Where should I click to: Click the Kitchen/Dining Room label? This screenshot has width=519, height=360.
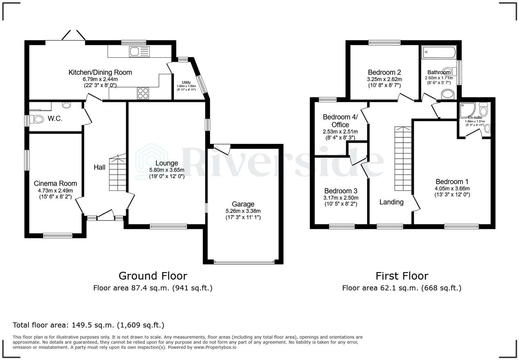pyautogui.click(x=100, y=72)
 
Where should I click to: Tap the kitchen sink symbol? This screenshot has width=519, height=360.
pyautogui.click(x=139, y=52)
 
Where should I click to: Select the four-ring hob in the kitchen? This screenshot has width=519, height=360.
pyautogui.click(x=143, y=93)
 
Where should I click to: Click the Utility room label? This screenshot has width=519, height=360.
pyautogui.click(x=186, y=82)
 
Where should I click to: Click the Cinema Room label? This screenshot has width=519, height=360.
pyautogui.click(x=55, y=183)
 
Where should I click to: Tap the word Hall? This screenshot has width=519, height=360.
pyautogui.click(x=100, y=167)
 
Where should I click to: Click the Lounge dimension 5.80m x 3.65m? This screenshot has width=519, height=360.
pyautogui.click(x=166, y=170)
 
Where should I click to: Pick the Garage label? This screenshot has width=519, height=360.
pyautogui.click(x=243, y=204)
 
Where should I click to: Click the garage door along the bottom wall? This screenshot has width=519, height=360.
pyautogui.click(x=244, y=262)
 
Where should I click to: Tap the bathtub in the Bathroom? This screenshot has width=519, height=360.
pyautogui.click(x=439, y=53)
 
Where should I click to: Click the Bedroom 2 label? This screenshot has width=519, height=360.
pyautogui.click(x=384, y=72)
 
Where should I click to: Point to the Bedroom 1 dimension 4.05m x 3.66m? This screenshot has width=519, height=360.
pyautogui.click(x=452, y=189)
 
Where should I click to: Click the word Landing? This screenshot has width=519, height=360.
pyautogui.click(x=391, y=202)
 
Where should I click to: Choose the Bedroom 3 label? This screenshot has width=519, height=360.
pyautogui.click(x=341, y=191)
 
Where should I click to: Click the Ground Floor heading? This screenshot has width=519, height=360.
pyautogui.click(x=153, y=276)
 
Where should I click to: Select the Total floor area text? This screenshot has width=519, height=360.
pyautogui.click(x=88, y=325)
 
